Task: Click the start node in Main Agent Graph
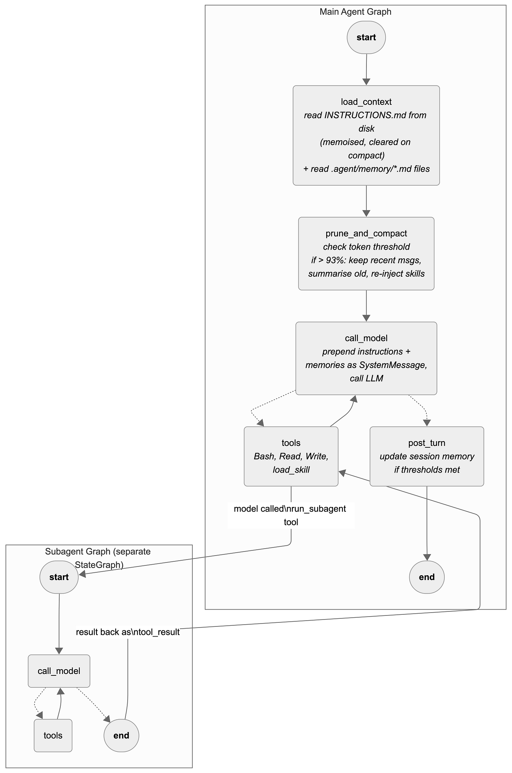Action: (366, 37)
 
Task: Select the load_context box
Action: (366, 135)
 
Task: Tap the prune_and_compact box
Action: (366, 254)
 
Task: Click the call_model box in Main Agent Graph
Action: (366, 358)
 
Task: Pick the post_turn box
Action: (427, 456)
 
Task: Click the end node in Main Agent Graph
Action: (427, 577)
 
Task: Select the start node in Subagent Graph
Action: (59, 577)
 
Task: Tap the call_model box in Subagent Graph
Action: (59, 671)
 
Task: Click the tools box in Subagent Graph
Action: (53, 735)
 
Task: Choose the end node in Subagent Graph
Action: (121, 735)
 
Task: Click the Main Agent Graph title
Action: (355, 12)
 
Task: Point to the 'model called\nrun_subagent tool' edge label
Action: (291, 515)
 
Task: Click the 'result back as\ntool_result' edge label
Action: (128, 632)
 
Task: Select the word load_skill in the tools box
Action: (291, 470)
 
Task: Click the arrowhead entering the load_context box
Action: (366, 82)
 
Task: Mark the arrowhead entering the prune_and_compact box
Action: (366, 213)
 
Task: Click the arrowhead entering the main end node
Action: (427, 557)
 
